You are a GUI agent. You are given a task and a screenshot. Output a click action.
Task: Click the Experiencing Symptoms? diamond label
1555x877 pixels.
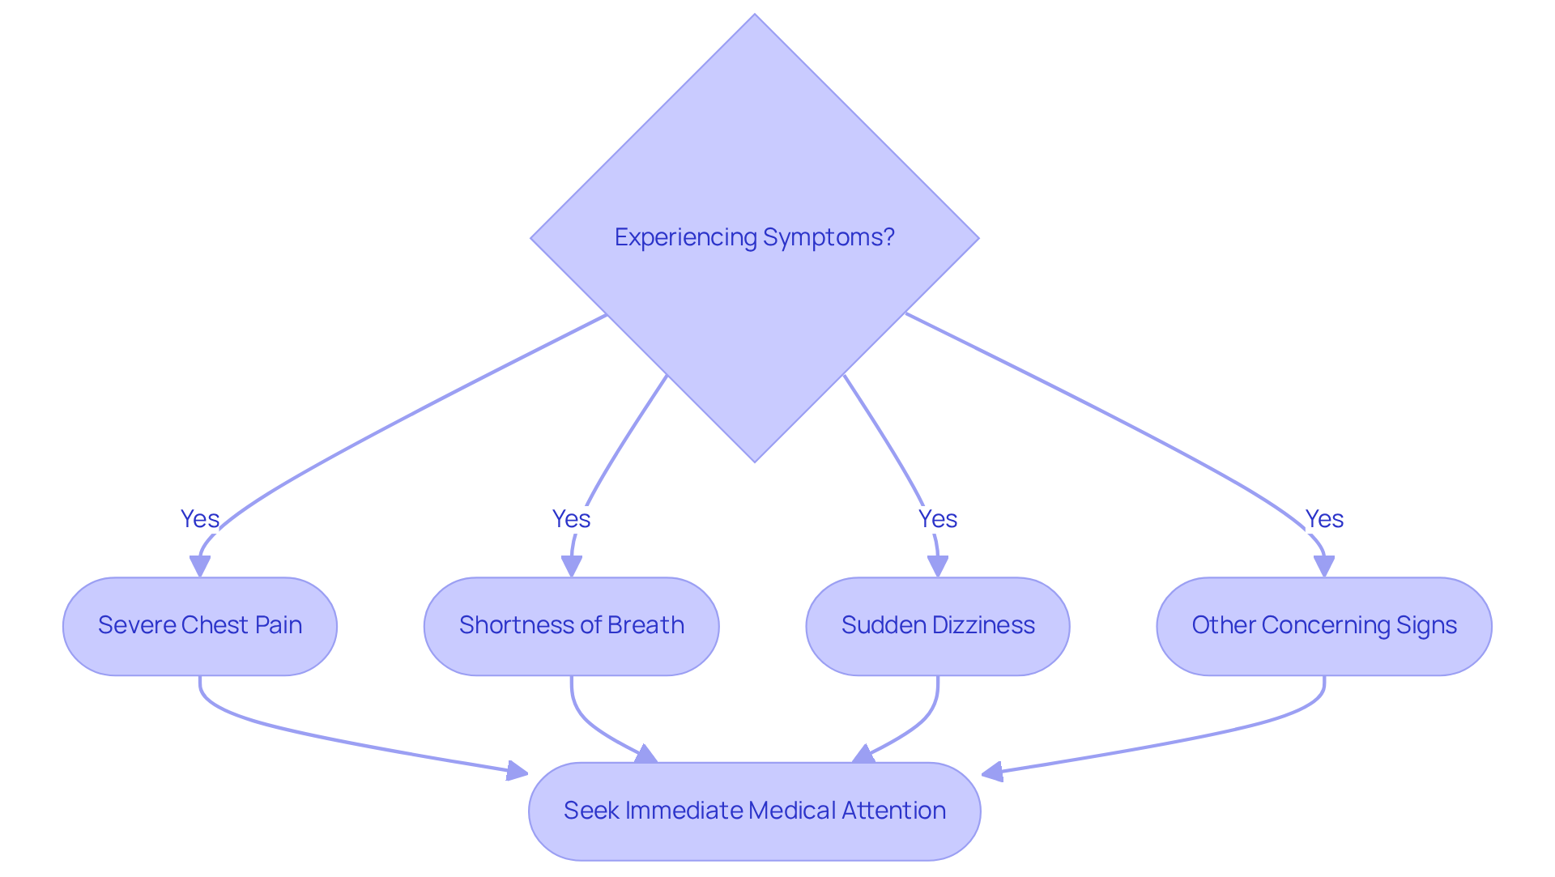pyautogui.click(x=754, y=237)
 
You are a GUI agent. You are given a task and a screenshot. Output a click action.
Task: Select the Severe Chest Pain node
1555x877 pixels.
pyautogui.click(x=199, y=626)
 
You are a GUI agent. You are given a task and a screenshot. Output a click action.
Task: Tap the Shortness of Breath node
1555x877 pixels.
pyautogui.click(x=571, y=626)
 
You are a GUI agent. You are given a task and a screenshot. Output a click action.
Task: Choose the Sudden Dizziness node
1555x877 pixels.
pyautogui.click(x=937, y=626)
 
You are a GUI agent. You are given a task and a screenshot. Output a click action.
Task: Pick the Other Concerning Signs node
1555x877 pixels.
pyautogui.click(x=1323, y=626)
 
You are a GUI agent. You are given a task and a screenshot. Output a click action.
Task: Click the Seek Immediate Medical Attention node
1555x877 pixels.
pyautogui.click(x=754, y=811)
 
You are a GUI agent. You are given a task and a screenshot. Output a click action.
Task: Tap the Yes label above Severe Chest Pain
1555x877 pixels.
pyautogui.click(x=199, y=519)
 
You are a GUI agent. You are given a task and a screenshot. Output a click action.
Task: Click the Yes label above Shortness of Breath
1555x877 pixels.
pyautogui.click(x=571, y=519)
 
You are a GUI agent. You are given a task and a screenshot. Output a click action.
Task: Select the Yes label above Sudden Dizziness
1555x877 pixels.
pyautogui.click(x=937, y=519)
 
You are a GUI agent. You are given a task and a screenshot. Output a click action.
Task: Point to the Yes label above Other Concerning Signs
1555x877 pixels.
pyautogui.click(x=1323, y=519)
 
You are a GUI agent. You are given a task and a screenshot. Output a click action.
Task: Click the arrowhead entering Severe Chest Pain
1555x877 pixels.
pyautogui.click(x=200, y=566)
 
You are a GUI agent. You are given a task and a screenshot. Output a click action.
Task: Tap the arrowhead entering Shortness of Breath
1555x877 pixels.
pyautogui.click(x=572, y=566)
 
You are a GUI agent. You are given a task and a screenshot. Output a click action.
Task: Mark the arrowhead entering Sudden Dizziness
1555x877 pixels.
pyautogui.click(x=938, y=566)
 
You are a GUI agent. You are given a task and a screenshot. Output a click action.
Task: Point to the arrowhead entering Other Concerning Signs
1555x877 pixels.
pyautogui.click(x=1324, y=566)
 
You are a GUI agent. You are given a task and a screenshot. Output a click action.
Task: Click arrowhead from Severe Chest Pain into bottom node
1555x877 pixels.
pyautogui.click(x=517, y=770)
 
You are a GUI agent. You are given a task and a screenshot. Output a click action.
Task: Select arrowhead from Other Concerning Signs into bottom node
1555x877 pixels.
pyautogui.click(x=993, y=772)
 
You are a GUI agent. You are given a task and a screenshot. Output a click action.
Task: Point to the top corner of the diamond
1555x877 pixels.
pyautogui.click(x=754, y=16)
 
